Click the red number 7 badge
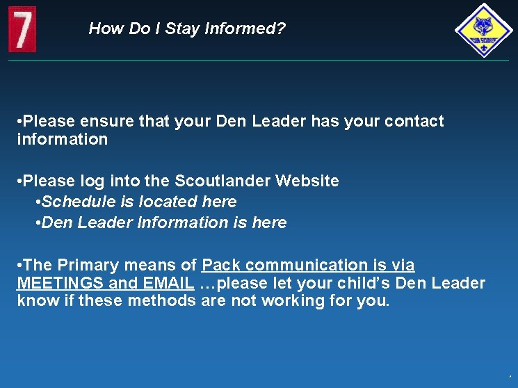click(x=22, y=29)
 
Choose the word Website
click(x=307, y=181)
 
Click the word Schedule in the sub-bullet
click(x=74, y=202)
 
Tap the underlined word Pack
click(x=221, y=265)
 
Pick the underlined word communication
click(x=305, y=265)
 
